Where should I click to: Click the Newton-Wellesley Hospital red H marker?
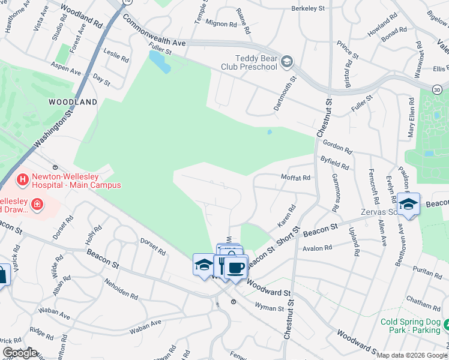(x=22, y=179)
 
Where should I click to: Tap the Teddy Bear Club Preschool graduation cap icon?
(x=287, y=61)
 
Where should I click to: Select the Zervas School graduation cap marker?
(x=408, y=205)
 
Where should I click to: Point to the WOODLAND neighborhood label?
(x=73, y=102)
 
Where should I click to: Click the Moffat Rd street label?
(x=296, y=178)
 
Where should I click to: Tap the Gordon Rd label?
(x=337, y=144)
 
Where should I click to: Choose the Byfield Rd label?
(x=335, y=163)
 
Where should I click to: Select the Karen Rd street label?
(x=287, y=217)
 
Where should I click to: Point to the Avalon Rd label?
(x=318, y=248)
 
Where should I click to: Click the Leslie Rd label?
(x=116, y=58)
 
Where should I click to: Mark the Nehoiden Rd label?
(x=121, y=289)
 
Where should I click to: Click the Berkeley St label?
(x=307, y=8)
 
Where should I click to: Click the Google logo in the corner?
(x=20, y=353)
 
